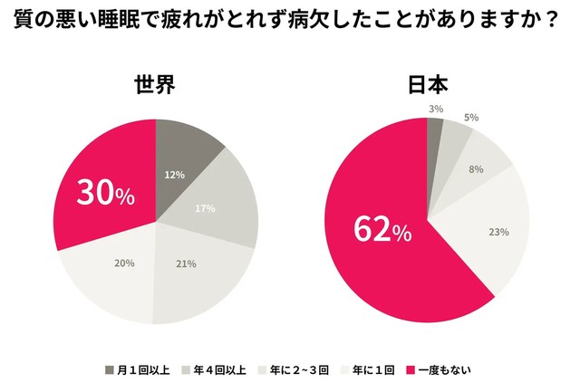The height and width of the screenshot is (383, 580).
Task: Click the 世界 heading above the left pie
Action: click(155, 87)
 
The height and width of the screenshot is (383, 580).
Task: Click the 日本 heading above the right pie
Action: click(427, 87)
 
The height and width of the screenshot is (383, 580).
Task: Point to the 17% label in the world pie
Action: click(205, 208)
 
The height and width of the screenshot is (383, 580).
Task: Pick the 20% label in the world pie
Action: click(124, 263)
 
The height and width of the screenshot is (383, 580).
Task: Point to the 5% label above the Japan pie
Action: click(471, 118)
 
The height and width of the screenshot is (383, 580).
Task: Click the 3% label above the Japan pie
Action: click(436, 109)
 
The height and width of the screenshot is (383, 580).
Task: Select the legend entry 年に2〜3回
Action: click(304, 369)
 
